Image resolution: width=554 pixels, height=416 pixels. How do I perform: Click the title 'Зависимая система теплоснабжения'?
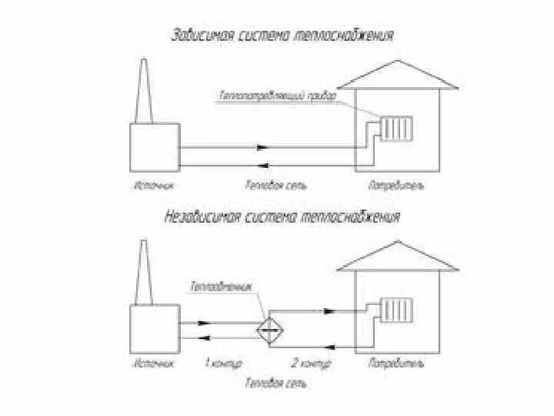click(x=282, y=36)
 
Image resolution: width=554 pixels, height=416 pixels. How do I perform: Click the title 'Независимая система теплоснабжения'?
click(x=282, y=217)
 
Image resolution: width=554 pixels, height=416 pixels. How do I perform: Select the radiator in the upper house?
click(x=399, y=127)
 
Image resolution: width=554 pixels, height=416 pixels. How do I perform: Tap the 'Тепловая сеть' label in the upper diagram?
click(x=268, y=186)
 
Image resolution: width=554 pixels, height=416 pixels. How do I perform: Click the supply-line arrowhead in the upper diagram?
click(x=263, y=147)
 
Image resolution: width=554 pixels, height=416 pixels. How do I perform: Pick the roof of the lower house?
click(x=395, y=257)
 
